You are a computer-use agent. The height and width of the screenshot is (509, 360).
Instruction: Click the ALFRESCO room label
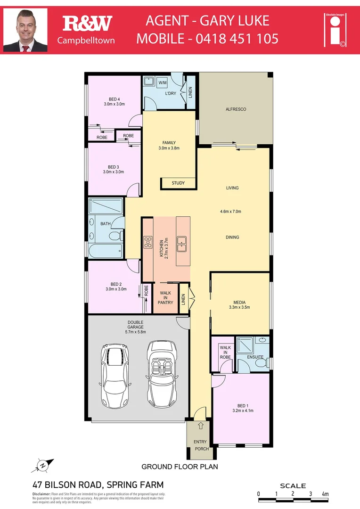[x=236, y=109]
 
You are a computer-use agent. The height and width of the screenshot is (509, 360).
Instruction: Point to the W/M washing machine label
[x=163, y=83]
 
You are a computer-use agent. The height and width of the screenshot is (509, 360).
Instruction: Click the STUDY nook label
[x=178, y=183]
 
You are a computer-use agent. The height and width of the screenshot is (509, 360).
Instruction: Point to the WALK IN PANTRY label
[x=165, y=298]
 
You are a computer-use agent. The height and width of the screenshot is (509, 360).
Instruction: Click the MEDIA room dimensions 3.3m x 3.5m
[x=241, y=307]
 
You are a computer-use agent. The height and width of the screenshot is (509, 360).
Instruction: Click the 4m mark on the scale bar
[x=324, y=493]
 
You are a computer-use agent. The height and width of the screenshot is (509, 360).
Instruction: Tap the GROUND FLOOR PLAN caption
[x=180, y=467]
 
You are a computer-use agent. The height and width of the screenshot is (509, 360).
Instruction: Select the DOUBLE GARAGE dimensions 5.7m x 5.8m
[x=135, y=332]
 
